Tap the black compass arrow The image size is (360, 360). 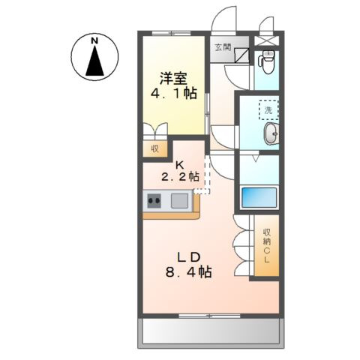95,61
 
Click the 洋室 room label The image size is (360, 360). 172,77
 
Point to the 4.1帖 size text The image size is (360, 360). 172,96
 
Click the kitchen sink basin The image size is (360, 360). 180,200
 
